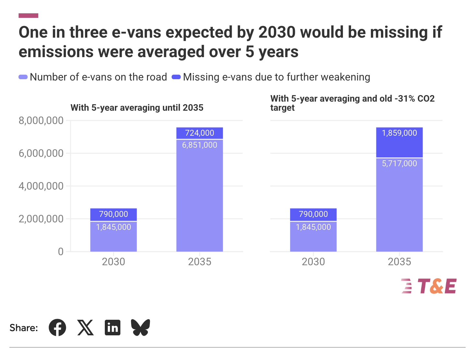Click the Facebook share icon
pos(57,328)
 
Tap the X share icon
pos(85,328)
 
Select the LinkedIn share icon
pos(113,328)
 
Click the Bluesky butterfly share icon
pos(140,328)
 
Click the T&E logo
pos(429,286)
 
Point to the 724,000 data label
pos(200,133)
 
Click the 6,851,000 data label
pos(200,145)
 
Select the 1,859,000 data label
pos(399,133)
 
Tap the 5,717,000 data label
pos(399,164)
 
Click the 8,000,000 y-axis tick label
pos(41,121)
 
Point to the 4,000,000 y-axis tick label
pos(41,186)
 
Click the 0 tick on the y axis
pos(61,252)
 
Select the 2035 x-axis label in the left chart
pos(200,262)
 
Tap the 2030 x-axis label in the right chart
pos(313,262)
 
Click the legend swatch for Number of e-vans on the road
pos(23,77)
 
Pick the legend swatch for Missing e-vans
pos(176,77)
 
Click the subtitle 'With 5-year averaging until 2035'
pos(137,108)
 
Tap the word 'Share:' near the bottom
pos(24,328)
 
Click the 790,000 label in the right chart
pos(313,214)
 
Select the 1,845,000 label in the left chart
pos(114,227)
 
